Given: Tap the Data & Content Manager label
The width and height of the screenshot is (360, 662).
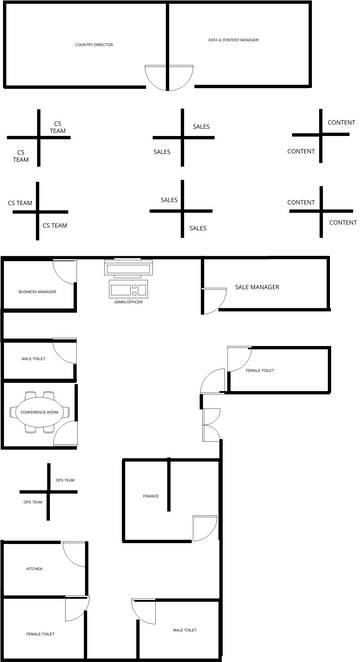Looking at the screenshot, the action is click(x=233, y=40).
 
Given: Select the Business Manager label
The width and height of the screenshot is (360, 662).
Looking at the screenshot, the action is click(x=37, y=292).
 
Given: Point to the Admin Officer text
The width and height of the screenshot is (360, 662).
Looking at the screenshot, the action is click(x=128, y=302).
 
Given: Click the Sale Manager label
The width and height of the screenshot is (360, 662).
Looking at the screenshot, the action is click(x=257, y=287).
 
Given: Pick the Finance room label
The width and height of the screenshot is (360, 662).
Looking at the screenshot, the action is click(x=151, y=496).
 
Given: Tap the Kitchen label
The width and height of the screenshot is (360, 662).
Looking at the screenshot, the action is click(x=34, y=569).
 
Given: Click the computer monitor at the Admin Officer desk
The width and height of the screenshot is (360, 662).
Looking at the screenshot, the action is click(x=128, y=269).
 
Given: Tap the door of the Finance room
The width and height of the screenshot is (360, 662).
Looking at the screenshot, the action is click(x=204, y=527).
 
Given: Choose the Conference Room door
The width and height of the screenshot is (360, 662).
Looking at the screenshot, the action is click(x=66, y=432).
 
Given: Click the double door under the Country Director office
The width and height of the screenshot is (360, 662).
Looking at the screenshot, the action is click(x=167, y=78).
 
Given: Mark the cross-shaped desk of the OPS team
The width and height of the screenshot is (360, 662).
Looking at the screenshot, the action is click(x=48, y=490).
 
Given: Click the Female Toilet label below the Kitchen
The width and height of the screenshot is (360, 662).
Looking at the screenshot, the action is click(x=40, y=634).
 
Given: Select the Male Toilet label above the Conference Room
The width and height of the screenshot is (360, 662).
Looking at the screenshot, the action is click(x=33, y=358).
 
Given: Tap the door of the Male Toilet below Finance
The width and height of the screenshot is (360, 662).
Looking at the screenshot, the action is click(x=140, y=611).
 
